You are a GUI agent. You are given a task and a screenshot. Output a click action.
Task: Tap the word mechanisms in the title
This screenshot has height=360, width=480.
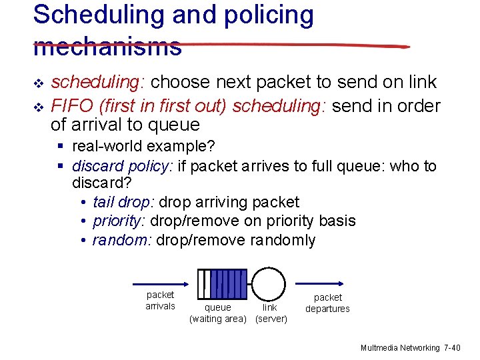pos(107,45)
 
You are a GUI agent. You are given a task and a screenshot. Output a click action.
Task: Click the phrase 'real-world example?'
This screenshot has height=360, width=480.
pos(143,146)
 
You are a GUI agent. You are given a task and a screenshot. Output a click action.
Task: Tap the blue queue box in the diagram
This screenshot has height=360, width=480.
pos(223,284)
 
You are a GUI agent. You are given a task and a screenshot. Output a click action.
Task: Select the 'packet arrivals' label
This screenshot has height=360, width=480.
pos(160,300)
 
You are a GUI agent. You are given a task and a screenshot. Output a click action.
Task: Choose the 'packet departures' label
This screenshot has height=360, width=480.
pos(327,303)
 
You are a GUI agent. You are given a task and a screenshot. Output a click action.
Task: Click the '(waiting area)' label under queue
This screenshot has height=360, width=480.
pos(218,319)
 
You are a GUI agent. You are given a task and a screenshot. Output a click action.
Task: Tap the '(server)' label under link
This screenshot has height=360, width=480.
pos(271,319)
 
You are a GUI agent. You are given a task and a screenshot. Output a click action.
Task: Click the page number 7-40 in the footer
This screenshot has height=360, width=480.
pos(452,348)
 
